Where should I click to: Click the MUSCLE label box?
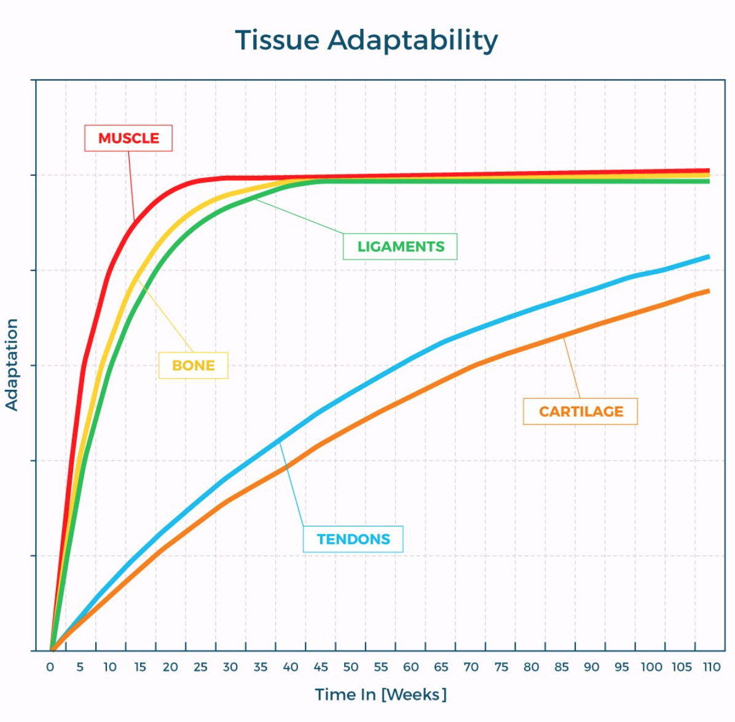[x=128, y=138]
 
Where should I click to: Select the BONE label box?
[x=194, y=365]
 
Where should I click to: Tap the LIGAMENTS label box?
[x=400, y=247]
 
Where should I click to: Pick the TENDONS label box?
[x=353, y=539]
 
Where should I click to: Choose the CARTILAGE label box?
[x=581, y=411]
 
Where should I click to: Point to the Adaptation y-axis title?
[x=12, y=365]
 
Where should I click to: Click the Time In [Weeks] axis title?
[x=380, y=694]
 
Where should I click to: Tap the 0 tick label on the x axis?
[x=50, y=667]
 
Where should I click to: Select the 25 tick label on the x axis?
[x=200, y=667]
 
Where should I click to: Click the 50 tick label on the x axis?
[x=351, y=667]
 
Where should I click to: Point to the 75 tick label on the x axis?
[x=501, y=667]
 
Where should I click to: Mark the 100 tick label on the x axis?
[x=651, y=667]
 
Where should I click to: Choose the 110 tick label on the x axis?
[x=712, y=667]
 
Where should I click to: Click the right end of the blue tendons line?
[x=708, y=256]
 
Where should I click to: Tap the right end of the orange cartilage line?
[x=708, y=291]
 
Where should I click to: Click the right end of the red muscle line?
[x=708, y=170]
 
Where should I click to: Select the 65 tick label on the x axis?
[x=441, y=667]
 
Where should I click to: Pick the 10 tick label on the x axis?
[x=110, y=667]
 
